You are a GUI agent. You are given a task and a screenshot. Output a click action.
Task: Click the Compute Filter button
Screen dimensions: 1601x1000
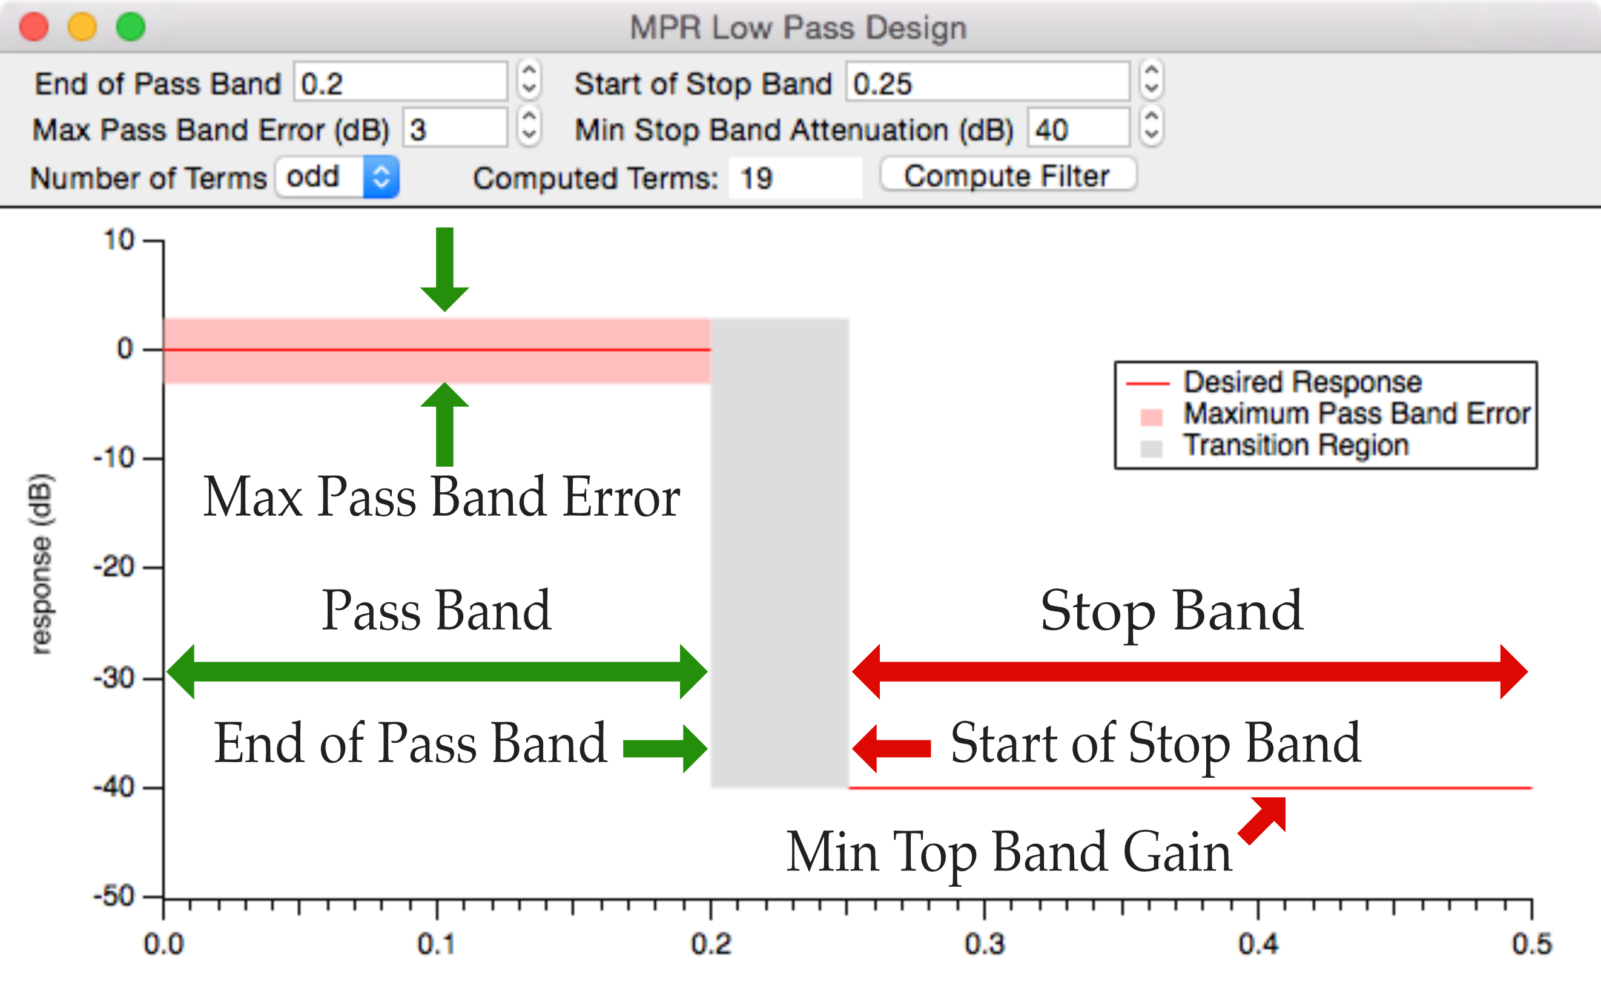(1008, 176)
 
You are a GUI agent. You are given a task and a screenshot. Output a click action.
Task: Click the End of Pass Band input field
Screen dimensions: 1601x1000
(400, 83)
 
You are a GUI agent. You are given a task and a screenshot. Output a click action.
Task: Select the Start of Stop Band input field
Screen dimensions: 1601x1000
(987, 83)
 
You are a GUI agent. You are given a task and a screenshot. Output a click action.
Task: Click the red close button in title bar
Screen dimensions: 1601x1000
(34, 27)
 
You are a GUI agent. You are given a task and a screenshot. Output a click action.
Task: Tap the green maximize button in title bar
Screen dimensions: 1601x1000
(130, 27)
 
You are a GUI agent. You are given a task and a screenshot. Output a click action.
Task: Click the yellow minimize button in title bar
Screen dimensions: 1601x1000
(82, 27)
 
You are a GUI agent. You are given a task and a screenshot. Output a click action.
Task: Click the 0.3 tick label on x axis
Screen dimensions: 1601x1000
(985, 943)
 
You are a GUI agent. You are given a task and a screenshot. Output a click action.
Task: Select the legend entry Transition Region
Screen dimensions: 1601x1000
(1296, 445)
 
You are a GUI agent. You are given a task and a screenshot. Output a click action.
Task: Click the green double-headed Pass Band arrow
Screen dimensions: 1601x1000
(437, 671)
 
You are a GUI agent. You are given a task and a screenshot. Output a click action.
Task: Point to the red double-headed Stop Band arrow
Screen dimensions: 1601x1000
(1189, 671)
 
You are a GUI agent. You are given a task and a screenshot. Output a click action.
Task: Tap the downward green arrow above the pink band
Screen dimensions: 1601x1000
(444, 269)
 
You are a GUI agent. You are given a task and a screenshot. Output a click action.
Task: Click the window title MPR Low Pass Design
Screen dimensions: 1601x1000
(798, 28)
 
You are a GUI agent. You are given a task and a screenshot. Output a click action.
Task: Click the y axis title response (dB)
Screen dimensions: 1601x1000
(41, 564)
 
